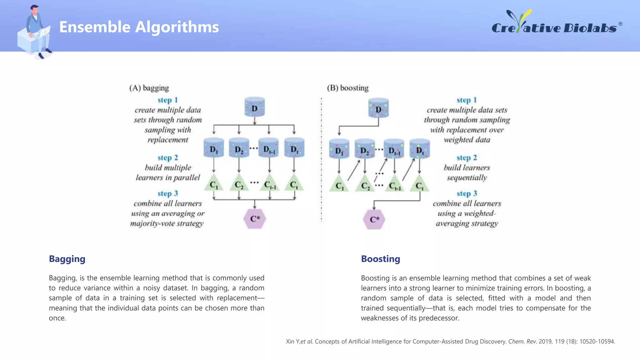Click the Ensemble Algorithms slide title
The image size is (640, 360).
(x=139, y=27)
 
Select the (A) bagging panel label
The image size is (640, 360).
(x=149, y=88)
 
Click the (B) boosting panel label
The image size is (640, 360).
(x=347, y=88)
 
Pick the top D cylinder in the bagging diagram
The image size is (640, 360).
(x=255, y=107)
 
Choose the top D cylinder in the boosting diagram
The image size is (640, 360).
(x=378, y=108)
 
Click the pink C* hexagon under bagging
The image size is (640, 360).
(x=255, y=219)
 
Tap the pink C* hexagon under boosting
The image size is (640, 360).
(x=374, y=219)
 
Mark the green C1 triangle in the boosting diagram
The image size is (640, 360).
(x=339, y=184)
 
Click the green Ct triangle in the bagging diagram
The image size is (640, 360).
(x=294, y=183)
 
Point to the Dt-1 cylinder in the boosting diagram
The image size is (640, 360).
(x=394, y=149)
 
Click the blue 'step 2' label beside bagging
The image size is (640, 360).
(x=167, y=157)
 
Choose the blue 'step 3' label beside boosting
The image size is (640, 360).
(x=467, y=193)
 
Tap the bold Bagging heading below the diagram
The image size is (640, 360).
(x=67, y=259)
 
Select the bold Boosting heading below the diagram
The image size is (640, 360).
(x=380, y=259)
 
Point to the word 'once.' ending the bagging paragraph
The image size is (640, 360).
(x=57, y=318)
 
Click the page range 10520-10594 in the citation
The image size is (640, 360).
(x=597, y=342)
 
